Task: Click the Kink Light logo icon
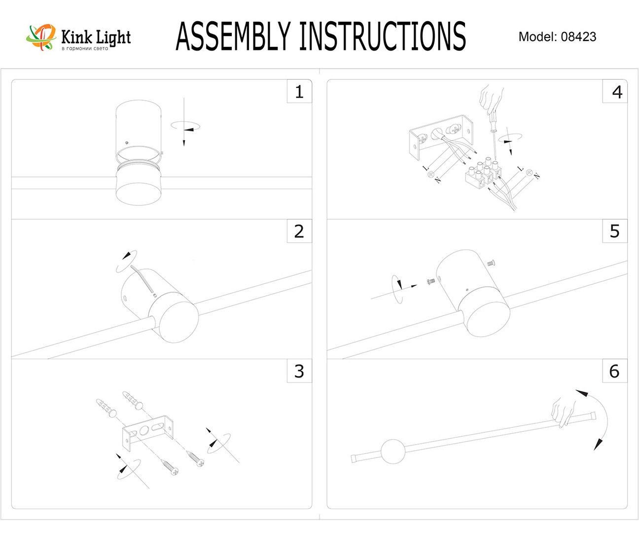(41, 37)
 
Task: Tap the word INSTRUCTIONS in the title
(382, 37)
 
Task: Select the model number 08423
(578, 37)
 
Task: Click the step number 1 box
(299, 92)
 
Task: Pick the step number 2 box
(299, 231)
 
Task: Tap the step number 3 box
(299, 371)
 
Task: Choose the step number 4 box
(616, 92)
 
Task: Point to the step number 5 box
(614, 231)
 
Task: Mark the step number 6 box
(614, 371)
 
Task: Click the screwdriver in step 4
(493, 133)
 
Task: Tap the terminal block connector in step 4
(483, 173)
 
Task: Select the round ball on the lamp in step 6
(392, 451)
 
